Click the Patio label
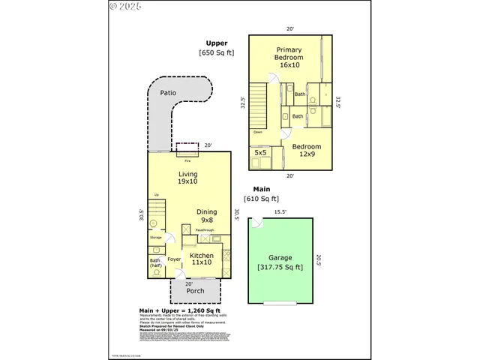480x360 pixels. pos(168,94)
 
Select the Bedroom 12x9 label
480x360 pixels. pos(307,151)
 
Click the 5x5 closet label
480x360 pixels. pos(260,152)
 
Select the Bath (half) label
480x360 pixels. pos(155,262)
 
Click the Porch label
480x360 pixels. pos(195,291)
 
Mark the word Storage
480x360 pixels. pos(155,237)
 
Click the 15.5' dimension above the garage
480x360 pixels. pos(280,212)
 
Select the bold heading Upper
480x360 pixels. pos(217,43)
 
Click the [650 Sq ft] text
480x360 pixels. pos(217,53)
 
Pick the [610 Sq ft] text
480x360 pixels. pos(262,199)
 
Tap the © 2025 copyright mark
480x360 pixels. pos(124,6)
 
